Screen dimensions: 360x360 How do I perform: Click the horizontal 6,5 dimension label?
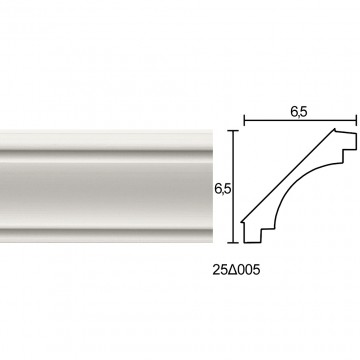point(298,112)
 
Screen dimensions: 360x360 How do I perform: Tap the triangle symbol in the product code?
point(231,270)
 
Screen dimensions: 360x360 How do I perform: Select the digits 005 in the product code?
point(247,270)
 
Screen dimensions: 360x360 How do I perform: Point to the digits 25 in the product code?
point(219,270)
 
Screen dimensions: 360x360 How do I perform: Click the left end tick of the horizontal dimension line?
point(244,120)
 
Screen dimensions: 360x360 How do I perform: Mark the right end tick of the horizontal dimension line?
point(356,120)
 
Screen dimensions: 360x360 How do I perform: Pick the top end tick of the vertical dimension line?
point(233,131)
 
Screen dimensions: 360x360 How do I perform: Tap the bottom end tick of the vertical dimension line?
point(233,243)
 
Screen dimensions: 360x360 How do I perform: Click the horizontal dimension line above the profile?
point(300,120)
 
